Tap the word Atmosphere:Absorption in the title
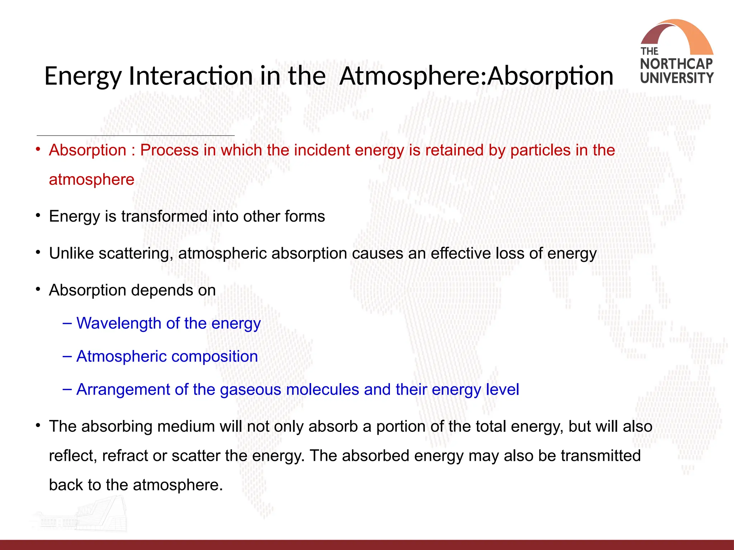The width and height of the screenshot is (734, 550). coord(476,76)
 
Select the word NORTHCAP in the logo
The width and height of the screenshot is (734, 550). coord(676,64)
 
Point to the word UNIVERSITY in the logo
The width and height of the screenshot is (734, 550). coord(677,78)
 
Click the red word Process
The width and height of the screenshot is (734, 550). coord(169,150)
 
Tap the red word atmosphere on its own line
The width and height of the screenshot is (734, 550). coord(91,179)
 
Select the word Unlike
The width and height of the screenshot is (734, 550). coord(71,253)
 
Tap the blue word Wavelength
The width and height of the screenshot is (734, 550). coord(119,323)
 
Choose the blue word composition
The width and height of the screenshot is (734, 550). coord(215,357)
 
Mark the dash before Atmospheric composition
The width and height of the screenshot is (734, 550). coord(67,356)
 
